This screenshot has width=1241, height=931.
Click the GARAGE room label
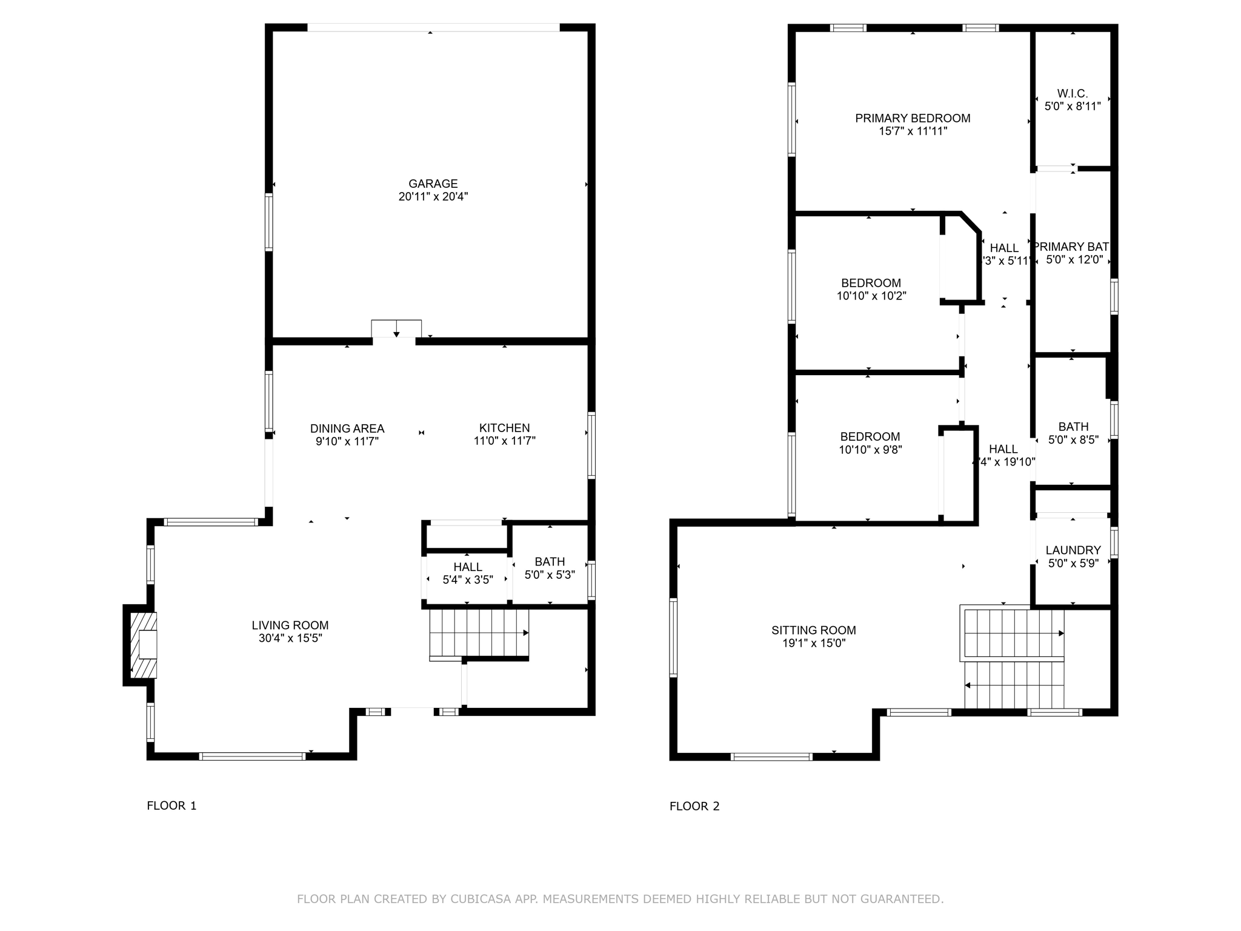433,184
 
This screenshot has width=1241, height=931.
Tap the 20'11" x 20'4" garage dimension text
433,197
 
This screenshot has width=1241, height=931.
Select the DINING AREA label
347,429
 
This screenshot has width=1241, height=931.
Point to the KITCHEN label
504,428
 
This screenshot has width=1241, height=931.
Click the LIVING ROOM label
290,625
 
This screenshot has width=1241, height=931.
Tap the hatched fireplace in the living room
144,645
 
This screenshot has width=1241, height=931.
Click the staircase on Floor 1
479,633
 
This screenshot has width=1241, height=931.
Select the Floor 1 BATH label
550,562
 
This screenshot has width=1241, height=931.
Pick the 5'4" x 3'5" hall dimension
468,580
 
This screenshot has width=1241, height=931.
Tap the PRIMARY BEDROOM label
913,118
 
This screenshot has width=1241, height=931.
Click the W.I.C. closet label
1073,93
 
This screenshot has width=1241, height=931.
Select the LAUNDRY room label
1073,550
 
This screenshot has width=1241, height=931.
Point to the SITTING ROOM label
814,630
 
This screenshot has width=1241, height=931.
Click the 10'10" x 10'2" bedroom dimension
871,296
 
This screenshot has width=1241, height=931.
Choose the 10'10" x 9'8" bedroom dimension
870,450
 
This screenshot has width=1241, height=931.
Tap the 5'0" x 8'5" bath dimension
1073,440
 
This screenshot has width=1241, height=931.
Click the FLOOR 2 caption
694,806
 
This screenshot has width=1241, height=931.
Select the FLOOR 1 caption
171,806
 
